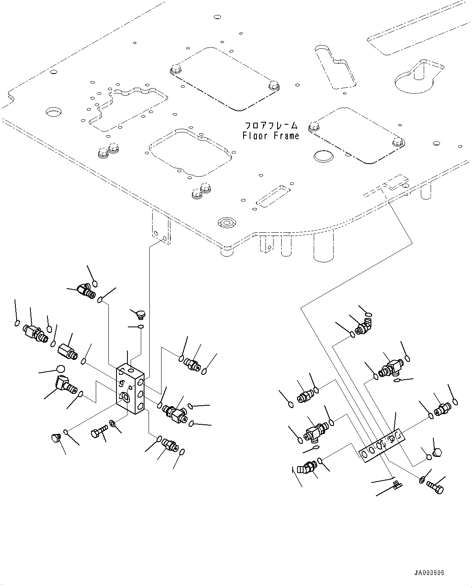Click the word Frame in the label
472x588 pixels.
pos(286,136)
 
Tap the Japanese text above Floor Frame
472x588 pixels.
pos(271,125)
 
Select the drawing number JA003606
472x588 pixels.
pos(429,573)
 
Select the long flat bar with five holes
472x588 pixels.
pos(381,445)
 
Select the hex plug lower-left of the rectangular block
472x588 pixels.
pos(55,437)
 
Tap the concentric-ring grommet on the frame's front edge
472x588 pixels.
pos(226,222)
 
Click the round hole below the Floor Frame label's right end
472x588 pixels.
pos(323,156)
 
